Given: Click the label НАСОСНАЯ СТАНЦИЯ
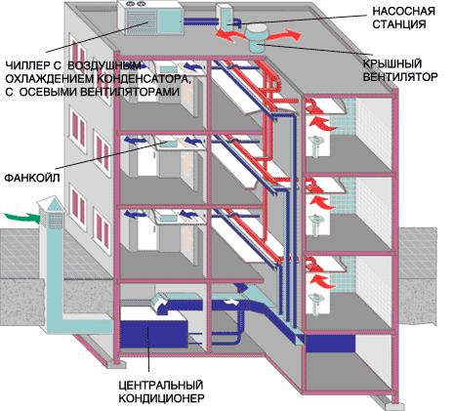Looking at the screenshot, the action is [403, 18].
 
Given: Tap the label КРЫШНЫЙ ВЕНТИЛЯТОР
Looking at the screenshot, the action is [400, 70].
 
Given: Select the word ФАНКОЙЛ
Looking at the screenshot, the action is [32, 178].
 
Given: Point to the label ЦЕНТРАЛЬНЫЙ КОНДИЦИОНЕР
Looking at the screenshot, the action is [161, 391].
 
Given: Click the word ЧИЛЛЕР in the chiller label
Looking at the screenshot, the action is [26, 65].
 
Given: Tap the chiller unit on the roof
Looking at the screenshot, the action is [150, 17].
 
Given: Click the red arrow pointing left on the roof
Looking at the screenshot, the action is [230, 35].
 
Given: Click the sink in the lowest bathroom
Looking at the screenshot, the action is [314, 302].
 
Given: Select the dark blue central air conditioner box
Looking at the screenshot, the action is [154, 334].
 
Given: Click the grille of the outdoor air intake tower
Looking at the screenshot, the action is [52, 220].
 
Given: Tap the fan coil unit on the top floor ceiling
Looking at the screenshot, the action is [168, 69].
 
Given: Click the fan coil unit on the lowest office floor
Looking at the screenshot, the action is [167, 216].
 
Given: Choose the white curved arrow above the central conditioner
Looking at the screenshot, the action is [160, 303].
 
